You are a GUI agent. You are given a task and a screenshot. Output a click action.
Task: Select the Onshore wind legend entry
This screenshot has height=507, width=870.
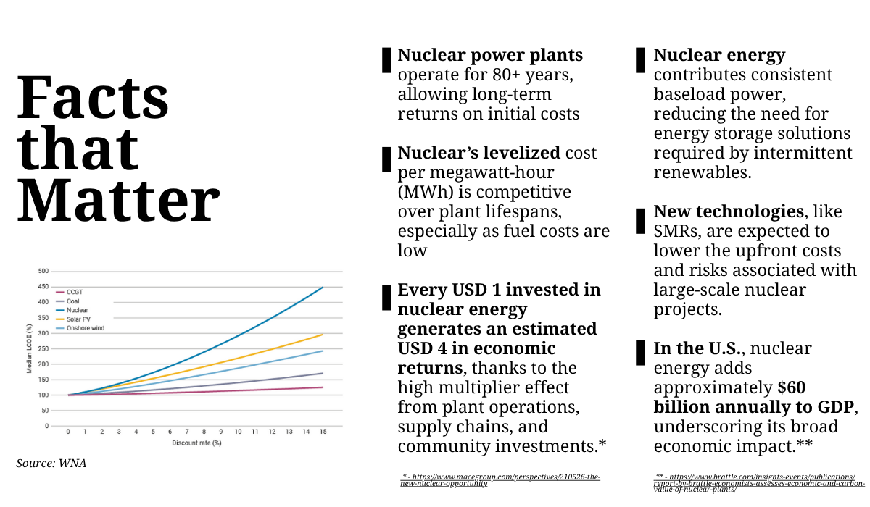81,328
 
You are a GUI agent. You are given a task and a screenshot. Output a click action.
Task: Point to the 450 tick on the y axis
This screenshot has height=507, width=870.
43,287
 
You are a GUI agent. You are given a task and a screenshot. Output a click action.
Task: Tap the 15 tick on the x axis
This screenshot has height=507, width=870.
323,432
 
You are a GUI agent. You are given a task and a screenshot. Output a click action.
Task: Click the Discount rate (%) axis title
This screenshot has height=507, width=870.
196,442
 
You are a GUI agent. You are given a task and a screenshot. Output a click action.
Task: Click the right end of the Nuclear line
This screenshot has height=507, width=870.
323,288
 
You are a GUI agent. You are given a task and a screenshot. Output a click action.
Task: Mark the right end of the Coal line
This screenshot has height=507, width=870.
323,374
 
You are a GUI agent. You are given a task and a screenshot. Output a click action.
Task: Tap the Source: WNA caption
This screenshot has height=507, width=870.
51,463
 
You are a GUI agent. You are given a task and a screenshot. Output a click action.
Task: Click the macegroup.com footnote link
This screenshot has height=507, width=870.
500,480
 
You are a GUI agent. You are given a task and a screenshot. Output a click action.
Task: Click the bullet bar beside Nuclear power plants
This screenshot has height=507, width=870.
386,60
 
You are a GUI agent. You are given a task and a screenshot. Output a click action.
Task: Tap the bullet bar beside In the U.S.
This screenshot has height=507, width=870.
640,353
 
